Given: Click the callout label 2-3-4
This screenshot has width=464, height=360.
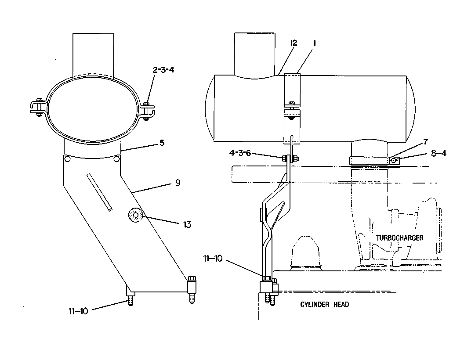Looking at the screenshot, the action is tap(163, 70).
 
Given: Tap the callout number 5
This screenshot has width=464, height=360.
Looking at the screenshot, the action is tap(162, 143).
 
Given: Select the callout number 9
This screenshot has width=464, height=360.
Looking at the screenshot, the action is tap(178, 183).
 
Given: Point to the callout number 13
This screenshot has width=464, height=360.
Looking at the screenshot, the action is tap(187, 225).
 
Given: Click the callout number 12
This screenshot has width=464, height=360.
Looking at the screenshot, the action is tap(293, 43).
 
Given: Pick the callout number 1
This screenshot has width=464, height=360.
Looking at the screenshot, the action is tap(315, 43).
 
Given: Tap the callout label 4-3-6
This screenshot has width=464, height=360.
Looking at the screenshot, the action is tap(240, 153).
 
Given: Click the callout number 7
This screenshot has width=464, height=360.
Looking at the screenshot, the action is tap(425, 142).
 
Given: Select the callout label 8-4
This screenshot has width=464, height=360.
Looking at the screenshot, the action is tap(439, 153).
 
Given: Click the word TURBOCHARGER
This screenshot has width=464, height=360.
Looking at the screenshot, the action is tap(399, 238).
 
